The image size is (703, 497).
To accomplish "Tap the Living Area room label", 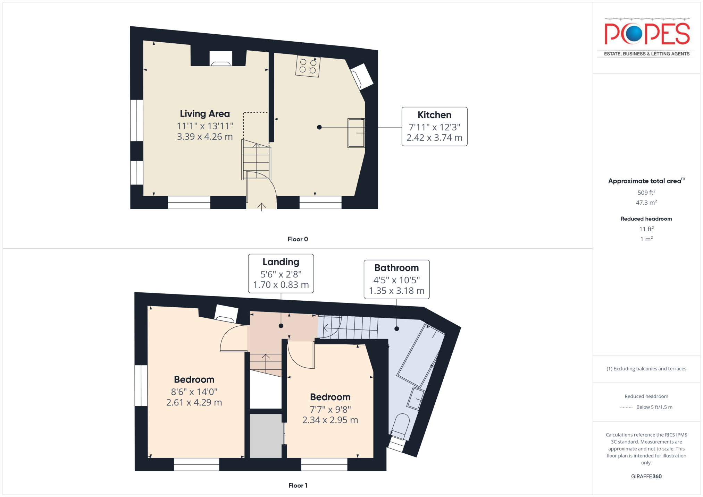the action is (205, 114).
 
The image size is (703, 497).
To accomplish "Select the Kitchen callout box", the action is (434, 127).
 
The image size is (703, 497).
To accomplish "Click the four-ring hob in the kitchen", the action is (308, 66).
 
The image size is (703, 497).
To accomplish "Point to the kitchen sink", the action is (356, 133).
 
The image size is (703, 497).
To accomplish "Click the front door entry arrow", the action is (261, 207).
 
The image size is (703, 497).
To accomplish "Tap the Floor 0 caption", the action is (298, 239).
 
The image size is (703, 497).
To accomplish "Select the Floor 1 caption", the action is (298, 485).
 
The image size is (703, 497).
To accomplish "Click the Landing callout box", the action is (281, 273).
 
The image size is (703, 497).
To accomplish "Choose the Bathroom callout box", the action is (396, 279).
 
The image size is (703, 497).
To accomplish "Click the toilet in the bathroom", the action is (400, 427).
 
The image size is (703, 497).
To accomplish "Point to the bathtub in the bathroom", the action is (421, 355).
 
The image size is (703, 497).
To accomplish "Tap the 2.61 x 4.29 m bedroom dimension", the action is (194, 402).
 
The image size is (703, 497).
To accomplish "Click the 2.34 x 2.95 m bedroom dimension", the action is (330, 420).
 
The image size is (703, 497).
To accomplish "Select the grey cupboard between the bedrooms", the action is (266, 436).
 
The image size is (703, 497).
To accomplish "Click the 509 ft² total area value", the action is (646, 192).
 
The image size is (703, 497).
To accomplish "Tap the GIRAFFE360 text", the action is (646, 476).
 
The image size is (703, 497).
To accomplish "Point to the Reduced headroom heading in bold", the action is (646, 218).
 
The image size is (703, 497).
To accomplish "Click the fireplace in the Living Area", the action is (221, 58).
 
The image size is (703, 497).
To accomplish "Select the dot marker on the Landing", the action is (281, 326).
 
